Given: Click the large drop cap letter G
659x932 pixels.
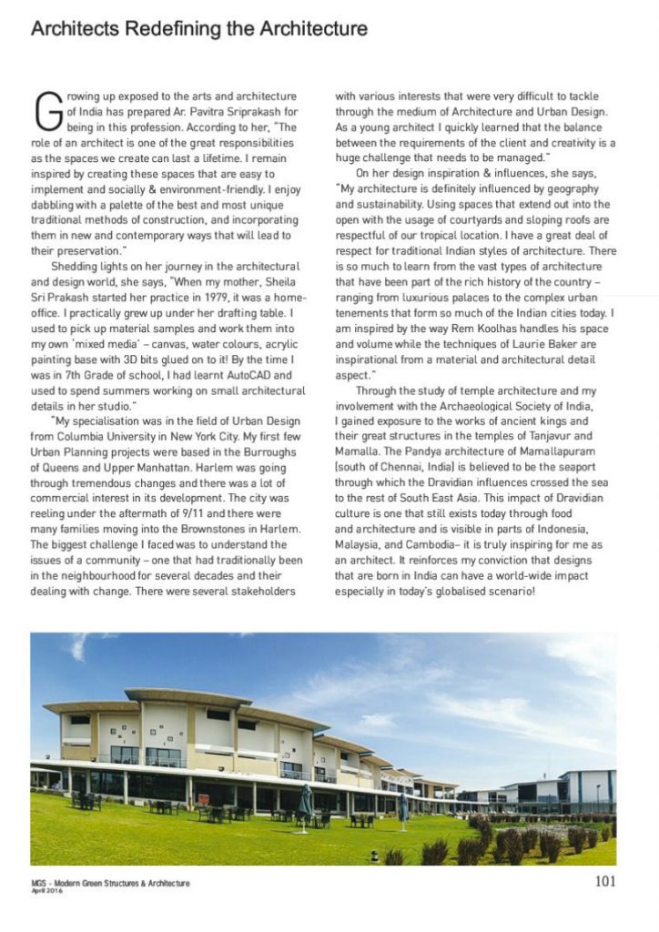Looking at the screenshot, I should tap(46, 110).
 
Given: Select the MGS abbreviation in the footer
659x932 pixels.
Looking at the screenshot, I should tap(38, 882).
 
